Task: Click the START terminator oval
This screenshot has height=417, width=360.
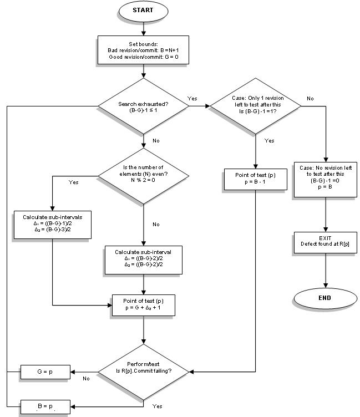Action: pos(143,11)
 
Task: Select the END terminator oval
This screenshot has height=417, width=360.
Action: pos(324,298)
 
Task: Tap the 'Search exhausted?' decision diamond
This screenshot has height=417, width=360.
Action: pos(143,106)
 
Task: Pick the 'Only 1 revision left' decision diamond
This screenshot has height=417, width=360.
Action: pos(255,106)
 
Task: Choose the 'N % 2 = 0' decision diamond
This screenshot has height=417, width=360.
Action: pos(143,176)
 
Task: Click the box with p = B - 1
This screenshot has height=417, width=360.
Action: pos(255,179)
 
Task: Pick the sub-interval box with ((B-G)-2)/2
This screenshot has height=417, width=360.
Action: pos(143,260)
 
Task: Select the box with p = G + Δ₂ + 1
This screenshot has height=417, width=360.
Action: pos(143,304)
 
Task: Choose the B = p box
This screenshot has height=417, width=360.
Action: pos(45,406)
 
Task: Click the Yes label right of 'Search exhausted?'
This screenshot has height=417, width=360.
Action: pos(192,99)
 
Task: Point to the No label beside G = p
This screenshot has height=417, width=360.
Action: pos(86,379)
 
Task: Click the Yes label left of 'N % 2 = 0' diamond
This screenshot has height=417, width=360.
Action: pos(73,181)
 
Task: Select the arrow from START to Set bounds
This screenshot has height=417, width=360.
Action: pos(143,28)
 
